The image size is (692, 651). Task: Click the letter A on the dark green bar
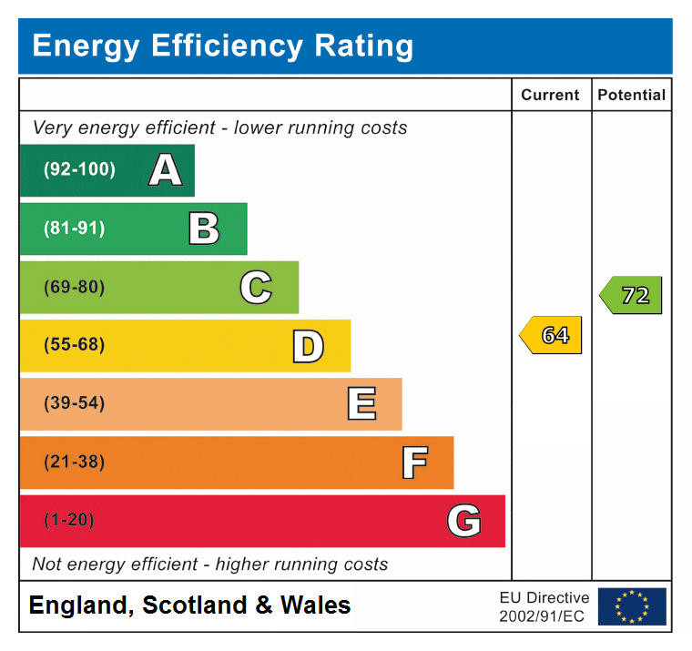point(165,170)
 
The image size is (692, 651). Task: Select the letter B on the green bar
point(204,229)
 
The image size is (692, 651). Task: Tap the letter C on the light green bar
point(256,288)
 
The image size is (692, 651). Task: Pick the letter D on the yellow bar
point(308,346)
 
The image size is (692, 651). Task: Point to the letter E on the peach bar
point(361,404)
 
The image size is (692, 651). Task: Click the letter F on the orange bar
point(414,463)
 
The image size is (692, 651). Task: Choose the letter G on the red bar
point(463,521)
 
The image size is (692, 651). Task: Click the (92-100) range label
point(80,170)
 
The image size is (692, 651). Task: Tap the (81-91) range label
point(75,229)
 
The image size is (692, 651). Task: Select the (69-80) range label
point(75,288)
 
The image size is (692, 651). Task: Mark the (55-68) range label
point(75,346)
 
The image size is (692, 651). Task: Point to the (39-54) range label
point(75,404)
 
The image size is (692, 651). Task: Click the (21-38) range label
point(75,463)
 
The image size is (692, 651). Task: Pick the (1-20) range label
point(69,521)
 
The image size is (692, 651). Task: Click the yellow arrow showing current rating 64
point(552,335)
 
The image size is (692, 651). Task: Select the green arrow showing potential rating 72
point(632,295)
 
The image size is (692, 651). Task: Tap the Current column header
point(550,95)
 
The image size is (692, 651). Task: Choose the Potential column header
point(631,95)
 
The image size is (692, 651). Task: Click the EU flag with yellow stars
point(632,606)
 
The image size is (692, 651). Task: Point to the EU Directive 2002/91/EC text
point(544,606)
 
